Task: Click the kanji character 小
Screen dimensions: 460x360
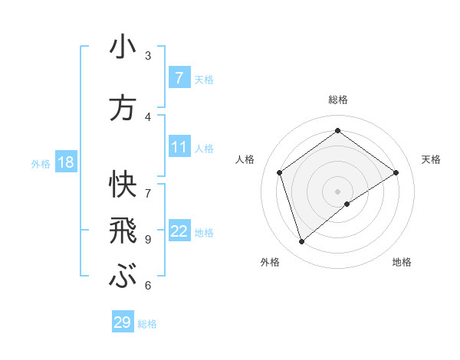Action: pos(123,47)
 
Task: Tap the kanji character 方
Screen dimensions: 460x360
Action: pos(123,108)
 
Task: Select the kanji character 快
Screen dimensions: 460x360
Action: pos(123,183)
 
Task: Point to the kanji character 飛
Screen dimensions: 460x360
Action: pos(123,231)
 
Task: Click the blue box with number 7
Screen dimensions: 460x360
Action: pos(179,78)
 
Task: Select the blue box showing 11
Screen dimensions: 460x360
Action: pos(179,147)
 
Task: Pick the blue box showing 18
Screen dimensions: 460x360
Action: pos(65,162)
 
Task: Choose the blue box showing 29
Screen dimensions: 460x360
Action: pos(123,322)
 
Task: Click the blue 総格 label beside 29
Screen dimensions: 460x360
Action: pos(147,324)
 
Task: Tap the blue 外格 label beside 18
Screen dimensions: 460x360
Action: pos(41,163)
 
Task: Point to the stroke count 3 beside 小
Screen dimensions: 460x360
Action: pos(148,55)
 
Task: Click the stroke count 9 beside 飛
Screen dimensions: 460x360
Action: pos(148,239)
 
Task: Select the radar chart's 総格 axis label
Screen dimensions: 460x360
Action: pos(337,100)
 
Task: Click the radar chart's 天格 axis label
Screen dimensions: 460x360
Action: pos(431,159)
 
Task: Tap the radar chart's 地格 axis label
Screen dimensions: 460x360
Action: pos(402,263)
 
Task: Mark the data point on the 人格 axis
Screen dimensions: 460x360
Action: pos(280,172)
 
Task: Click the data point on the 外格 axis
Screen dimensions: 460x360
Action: pos(302,242)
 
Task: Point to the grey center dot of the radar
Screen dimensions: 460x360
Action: pos(337,191)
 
